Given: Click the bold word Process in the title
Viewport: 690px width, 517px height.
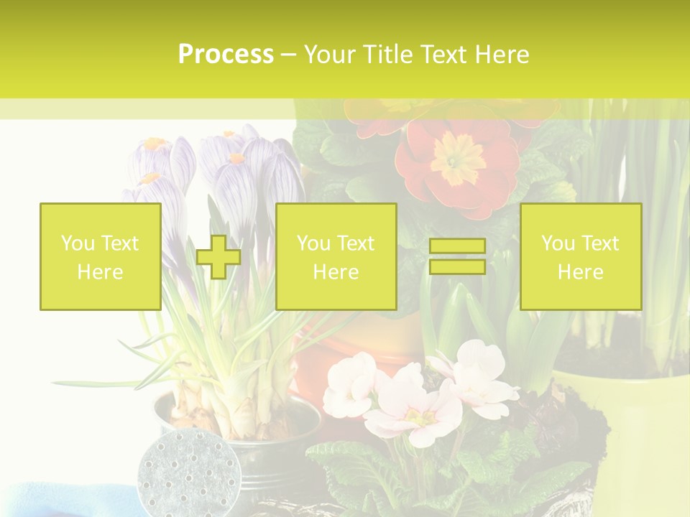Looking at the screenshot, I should click(x=226, y=55).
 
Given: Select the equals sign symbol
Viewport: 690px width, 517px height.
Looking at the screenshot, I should click(x=457, y=256).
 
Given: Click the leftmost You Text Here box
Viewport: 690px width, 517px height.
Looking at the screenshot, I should click(x=100, y=256).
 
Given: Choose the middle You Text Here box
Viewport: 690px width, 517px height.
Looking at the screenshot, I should click(x=336, y=256).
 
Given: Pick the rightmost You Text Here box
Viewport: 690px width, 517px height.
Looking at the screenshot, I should click(x=580, y=256).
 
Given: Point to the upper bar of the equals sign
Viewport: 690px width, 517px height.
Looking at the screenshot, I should click(x=457, y=246).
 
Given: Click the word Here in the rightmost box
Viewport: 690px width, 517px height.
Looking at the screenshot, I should click(x=580, y=271).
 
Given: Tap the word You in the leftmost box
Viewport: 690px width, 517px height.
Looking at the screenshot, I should click(x=76, y=243).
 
